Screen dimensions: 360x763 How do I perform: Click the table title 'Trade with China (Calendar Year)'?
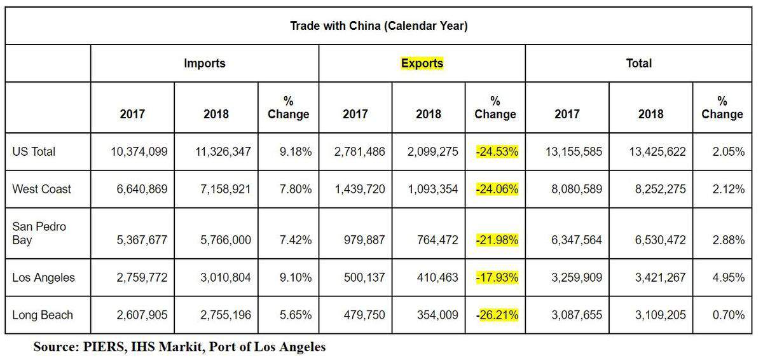[380, 26]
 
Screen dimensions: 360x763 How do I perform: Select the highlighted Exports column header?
[422, 63]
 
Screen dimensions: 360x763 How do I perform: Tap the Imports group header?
[205, 63]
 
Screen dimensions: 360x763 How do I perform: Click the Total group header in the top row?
[638, 63]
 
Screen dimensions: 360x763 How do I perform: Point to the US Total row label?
[34, 151]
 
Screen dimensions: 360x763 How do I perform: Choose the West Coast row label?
[42, 189]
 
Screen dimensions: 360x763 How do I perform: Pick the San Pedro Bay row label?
[39, 233]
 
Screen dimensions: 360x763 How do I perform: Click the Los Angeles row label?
[43, 277]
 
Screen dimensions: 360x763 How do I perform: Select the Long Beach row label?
[43, 315]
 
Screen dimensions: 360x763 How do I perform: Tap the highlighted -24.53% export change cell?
[497, 151]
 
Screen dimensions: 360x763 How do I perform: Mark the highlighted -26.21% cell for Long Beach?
[497, 315]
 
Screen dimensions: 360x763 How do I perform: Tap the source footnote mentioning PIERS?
[179, 347]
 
